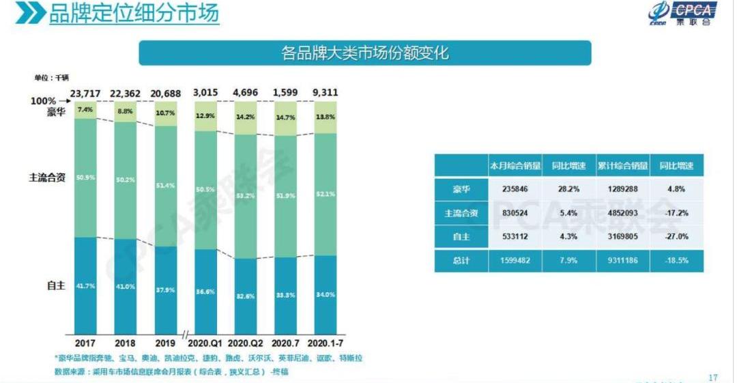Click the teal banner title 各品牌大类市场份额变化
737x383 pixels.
tap(365, 53)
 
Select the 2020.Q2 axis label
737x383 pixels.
tap(246, 343)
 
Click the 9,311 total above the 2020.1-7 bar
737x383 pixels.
tap(326, 92)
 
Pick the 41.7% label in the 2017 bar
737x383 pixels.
tap(85, 286)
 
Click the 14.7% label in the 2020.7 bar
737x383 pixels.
tap(285, 117)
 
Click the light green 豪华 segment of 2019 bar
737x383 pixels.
tap(166, 113)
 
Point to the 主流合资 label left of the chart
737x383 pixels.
tap(47, 178)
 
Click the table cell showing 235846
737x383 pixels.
tap(515, 189)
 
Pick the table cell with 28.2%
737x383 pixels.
tap(568, 189)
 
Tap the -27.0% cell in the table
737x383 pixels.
tap(676, 237)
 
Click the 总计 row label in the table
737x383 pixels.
tap(461, 261)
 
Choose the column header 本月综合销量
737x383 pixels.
tap(515, 165)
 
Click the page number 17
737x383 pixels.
tap(714, 377)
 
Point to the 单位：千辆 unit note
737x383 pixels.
tap(52, 77)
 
